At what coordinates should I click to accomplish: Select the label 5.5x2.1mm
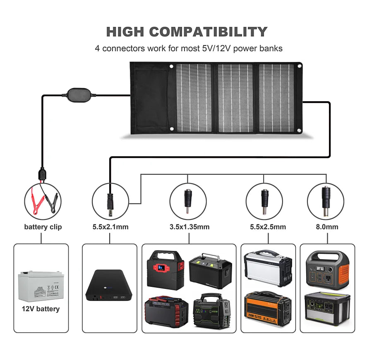coord(110,227)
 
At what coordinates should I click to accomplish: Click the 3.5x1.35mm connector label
coord(189,227)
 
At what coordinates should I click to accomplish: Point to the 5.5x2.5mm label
coord(268,227)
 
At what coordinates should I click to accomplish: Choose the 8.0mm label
coord(327,227)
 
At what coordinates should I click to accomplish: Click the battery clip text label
coord(43,227)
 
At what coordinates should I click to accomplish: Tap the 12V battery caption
coord(41,309)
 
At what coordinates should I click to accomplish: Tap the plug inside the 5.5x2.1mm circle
coord(110,203)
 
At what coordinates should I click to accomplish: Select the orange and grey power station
coord(327,269)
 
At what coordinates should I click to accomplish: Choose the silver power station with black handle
coord(268,268)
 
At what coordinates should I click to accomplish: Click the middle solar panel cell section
coord(235,98)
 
